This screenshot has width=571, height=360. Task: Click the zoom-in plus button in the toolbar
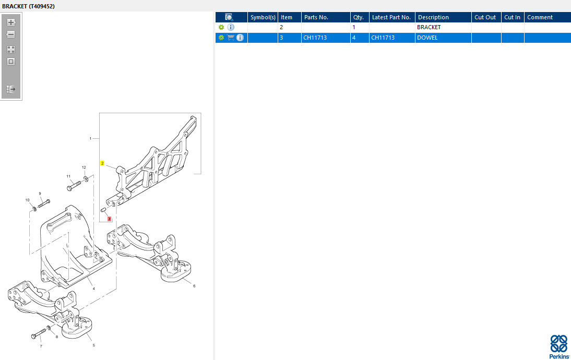click(x=11, y=22)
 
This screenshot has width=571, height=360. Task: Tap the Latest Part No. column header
click(x=392, y=17)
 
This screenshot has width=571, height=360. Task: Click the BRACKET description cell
click(x=429, y=27)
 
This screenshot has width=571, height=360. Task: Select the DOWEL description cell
click(x=427, y=38)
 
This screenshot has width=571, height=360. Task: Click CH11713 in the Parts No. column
click(x=315, y=38)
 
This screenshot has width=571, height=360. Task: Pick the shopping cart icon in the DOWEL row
click(x=231, y=38)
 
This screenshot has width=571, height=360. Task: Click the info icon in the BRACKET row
click(x=231, y=27)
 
